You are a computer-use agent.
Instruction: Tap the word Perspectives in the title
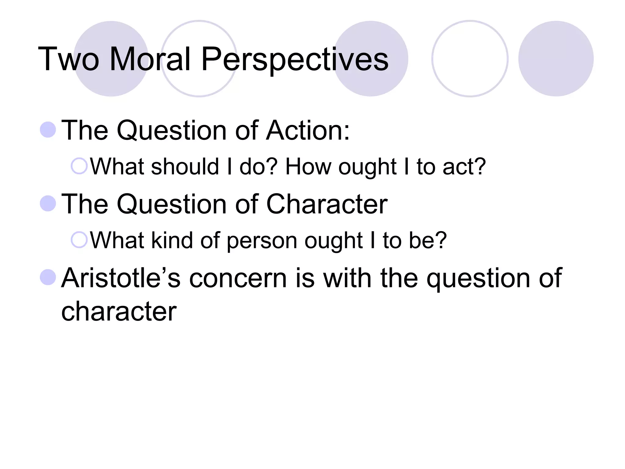coord(294,60)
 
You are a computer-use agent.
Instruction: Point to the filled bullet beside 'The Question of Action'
coord(48,129)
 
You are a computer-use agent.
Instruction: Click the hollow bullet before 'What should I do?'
coord(79,166)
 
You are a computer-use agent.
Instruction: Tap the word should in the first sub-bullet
coord(185,167)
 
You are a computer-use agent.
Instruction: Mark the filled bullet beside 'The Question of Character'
coord(48,203)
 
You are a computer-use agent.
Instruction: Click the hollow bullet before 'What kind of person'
coord(79,240)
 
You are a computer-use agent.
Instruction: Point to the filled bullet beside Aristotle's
coord(48,277)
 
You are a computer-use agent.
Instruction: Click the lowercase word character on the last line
coord(119,311)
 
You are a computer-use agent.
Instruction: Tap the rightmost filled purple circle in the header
coord(556,59)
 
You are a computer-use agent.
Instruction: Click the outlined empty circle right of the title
coord(470,59)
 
